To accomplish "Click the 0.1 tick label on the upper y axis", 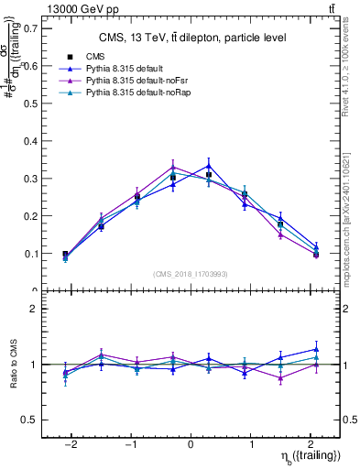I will coord(31,253).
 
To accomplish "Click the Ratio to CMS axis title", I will coord(12,364).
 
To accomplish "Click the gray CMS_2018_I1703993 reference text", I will coord(191,274).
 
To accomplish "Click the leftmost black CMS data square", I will coord(65,255).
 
